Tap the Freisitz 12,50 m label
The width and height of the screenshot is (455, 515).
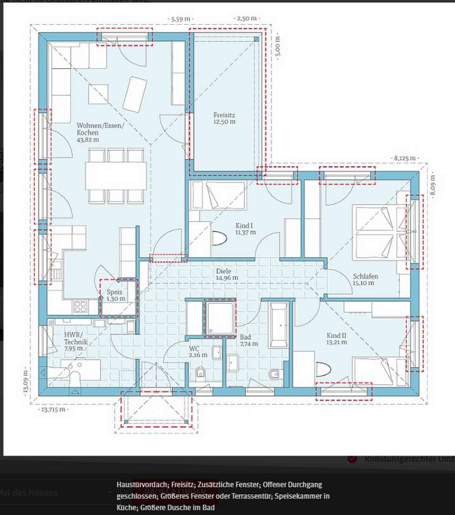pos(224,118)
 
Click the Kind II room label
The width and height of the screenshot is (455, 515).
pos(337,339)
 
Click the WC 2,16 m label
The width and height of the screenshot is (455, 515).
pos(198,351)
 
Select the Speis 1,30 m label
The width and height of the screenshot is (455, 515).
pos(114,295)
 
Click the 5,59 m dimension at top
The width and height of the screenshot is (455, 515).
pos(182,19)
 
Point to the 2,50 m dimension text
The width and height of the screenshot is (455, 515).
pos(246,19)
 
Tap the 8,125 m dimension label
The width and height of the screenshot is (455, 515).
pos(405,158)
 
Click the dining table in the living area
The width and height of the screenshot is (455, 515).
pos(117,176)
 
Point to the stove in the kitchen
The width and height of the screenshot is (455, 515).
pos(81,307)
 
